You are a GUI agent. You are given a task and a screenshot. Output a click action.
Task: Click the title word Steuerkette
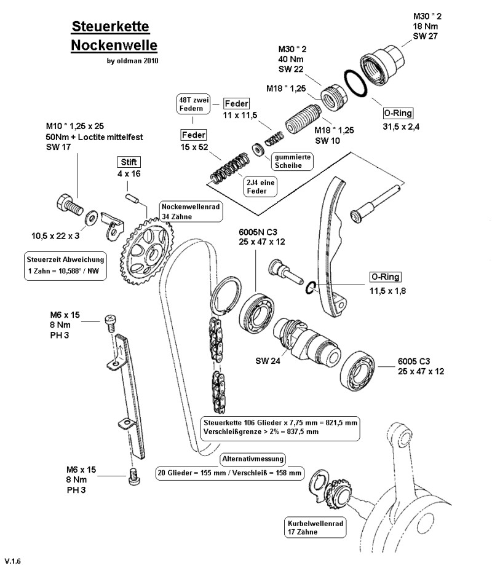(111, 27)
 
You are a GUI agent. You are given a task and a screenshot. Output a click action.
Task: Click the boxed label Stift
(129, 162)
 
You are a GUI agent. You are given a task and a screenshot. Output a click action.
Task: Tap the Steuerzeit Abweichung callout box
(65, 265)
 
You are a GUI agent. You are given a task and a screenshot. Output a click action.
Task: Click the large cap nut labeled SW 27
(381, 62)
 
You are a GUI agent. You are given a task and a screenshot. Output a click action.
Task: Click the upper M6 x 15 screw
(111, 321)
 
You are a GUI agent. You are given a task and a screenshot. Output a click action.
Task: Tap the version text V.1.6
(13, 561)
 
